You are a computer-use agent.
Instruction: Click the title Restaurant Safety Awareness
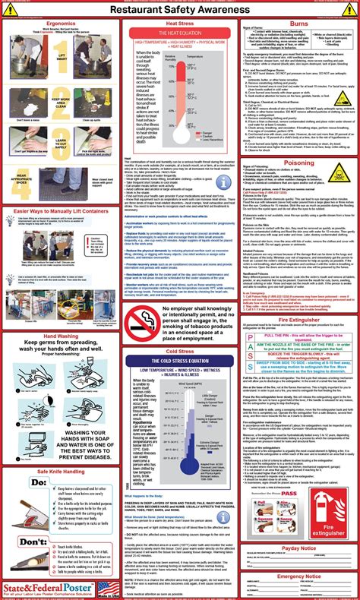[179, 9]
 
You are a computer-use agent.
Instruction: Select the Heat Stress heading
[160, 24]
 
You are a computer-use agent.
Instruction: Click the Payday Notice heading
[298, 526]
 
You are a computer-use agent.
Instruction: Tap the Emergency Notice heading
[298, 556]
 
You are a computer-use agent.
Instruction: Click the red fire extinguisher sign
[333, 495]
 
